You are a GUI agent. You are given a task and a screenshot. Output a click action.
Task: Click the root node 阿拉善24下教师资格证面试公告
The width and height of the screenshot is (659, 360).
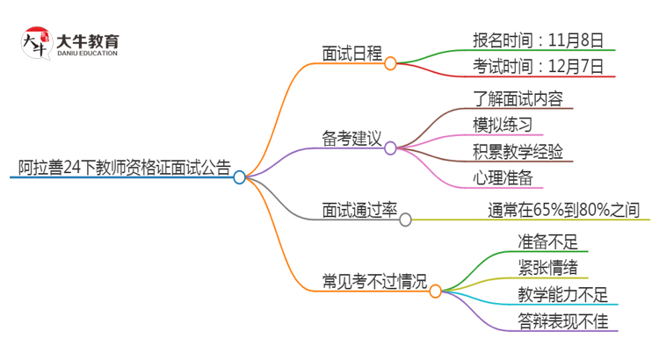coord(124,168)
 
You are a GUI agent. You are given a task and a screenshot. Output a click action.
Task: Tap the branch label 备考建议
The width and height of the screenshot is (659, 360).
coord(351,138)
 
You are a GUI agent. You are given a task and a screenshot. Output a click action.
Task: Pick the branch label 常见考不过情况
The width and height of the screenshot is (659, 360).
coord(374,282)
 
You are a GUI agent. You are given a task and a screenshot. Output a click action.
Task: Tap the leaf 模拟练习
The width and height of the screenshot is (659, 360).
coord(502,124)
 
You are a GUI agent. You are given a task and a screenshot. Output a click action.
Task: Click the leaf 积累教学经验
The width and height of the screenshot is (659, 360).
coord(518,151)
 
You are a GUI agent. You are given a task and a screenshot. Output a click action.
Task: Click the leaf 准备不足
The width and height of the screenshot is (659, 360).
coord(547,241)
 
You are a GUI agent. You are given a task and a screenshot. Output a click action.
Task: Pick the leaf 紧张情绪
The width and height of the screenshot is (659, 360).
coord(547,267)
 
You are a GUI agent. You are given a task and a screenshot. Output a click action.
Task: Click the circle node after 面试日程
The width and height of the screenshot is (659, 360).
coord(390,63)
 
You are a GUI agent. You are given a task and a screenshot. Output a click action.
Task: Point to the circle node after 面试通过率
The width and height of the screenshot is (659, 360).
coord(405,220)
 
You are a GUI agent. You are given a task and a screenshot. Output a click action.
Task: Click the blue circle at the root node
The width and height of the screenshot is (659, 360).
coord(239,177)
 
